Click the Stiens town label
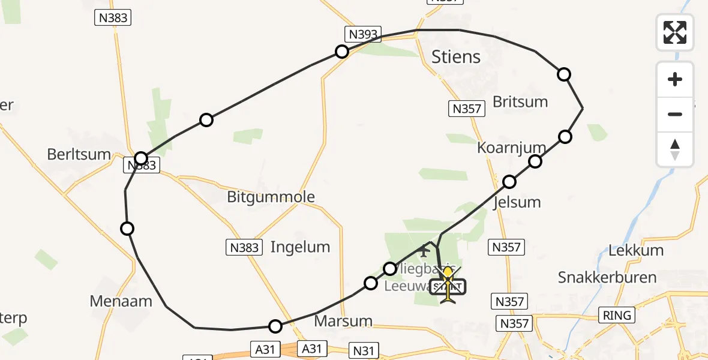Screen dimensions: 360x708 click(456, 57)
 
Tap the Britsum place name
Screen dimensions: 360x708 click(520, 101)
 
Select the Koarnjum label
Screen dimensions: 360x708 click(511, 148)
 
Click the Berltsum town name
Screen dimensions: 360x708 click(79, 154)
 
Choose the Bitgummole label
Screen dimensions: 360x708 click(271, 197)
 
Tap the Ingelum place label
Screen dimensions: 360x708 click(300, 247)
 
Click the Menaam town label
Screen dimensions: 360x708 click(121, 301)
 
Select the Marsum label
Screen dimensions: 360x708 click(343, 321)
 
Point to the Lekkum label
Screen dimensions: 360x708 click(636, 250)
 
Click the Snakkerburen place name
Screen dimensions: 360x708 click(607, 277)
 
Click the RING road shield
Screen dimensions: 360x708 click(617, 315)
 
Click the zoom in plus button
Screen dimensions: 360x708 click(675, 79)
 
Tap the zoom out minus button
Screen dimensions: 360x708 click(675, 114)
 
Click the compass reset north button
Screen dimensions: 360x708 click(675, 149)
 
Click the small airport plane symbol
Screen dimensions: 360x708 click(425, 251)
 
